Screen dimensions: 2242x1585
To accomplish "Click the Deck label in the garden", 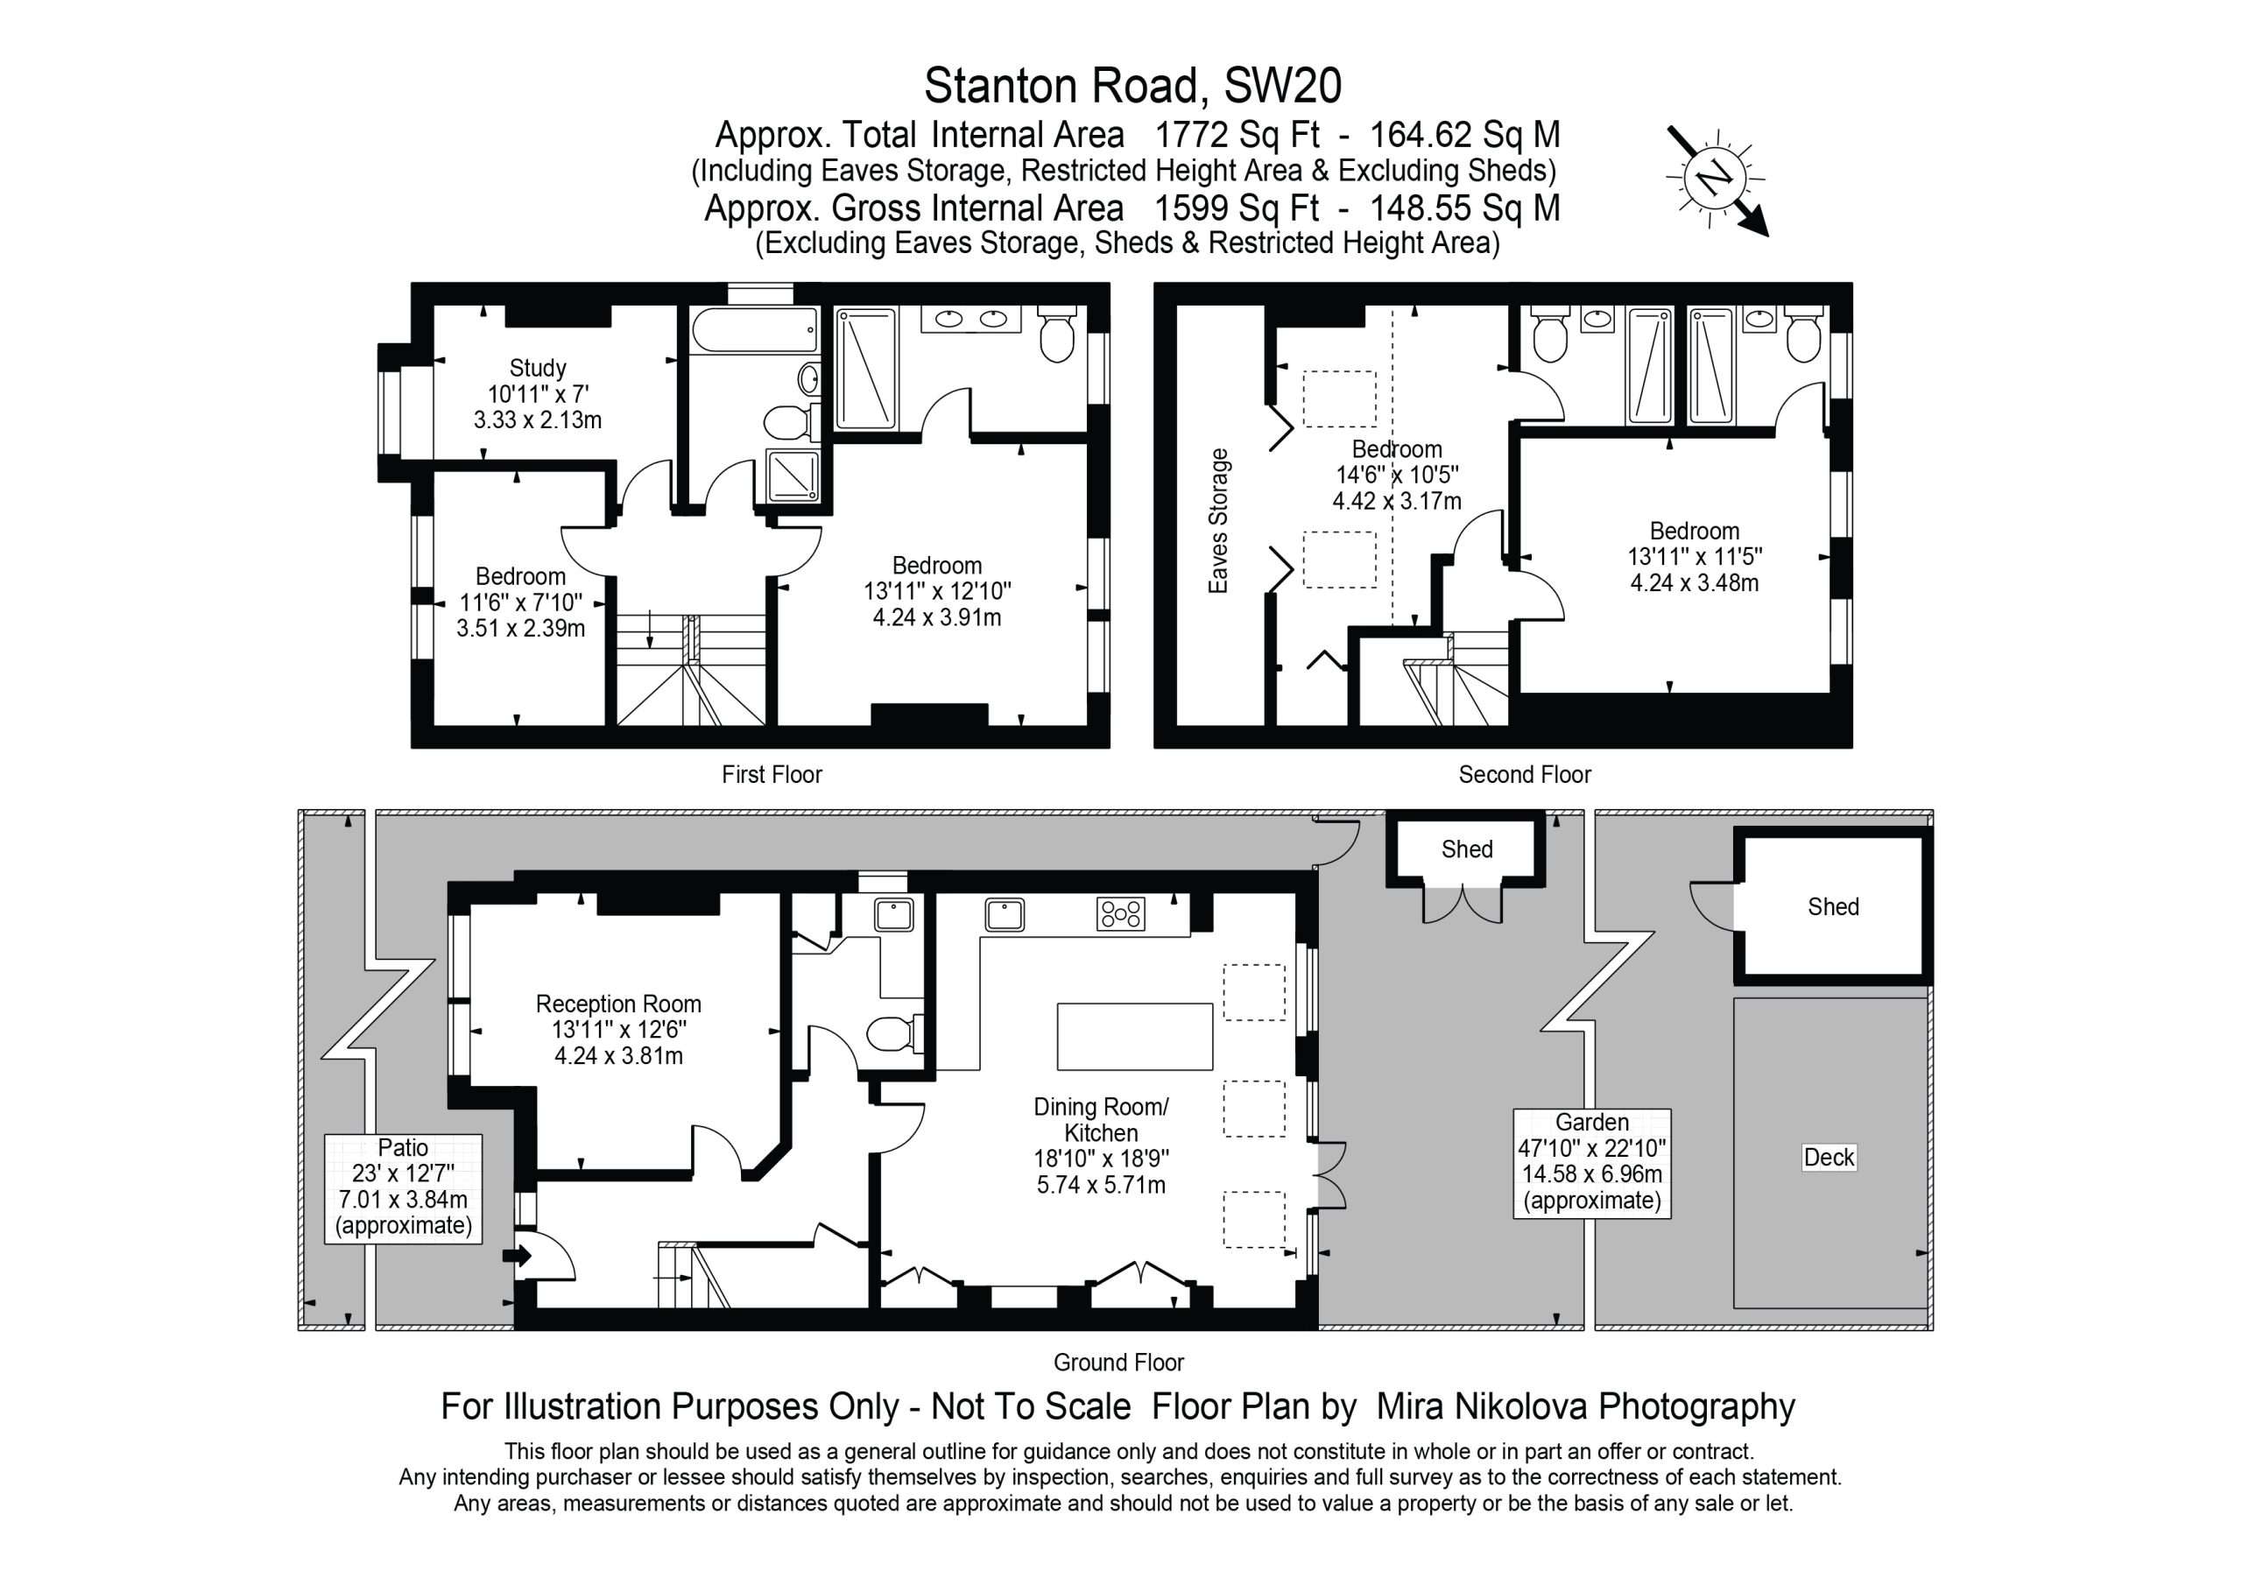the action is tap(1829, 1158).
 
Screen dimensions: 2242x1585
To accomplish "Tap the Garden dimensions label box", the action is tap(1591, 1162).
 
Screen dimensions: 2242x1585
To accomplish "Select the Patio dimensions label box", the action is tap(403, 1187).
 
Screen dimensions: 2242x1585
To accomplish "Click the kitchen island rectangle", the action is tap(1135, 1036).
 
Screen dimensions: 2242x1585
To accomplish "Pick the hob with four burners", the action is tap(1121, 914).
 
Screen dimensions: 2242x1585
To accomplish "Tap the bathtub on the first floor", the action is tap(754, 329).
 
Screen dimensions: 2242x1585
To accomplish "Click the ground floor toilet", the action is tap(894, 1033).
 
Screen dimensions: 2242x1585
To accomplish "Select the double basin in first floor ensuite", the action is tap(970, 319).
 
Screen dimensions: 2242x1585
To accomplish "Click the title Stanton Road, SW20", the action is tap(1132, 86).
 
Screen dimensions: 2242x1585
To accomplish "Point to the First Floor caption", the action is tap(772, 774).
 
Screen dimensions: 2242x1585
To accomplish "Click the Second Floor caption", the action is tap(1524, 774).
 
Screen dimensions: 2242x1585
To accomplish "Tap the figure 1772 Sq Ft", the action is tap(1237, 134).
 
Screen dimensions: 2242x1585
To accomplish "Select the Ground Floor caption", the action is tap(1118, 1362).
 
